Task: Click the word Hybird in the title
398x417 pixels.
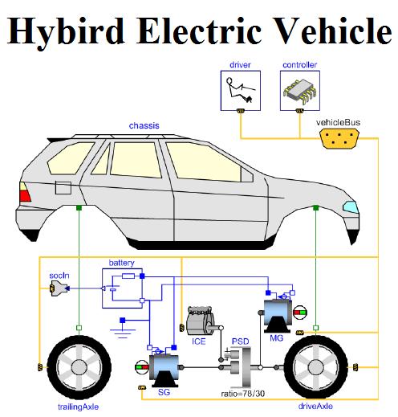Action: [66, 31]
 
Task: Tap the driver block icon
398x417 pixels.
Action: [240, 91]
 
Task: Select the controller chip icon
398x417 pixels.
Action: [299, 91]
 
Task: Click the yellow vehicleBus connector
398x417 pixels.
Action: [339, 138]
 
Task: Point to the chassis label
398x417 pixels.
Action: [144, 125]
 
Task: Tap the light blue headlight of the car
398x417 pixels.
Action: [351, 206]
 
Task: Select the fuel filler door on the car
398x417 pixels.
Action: [63, 187]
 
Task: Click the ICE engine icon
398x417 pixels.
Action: [202, 321]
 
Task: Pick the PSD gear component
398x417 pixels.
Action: [238, 367]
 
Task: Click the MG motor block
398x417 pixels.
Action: [278, 316]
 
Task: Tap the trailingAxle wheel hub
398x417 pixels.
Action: [79, 367]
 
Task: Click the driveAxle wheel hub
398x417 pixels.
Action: [315, 367]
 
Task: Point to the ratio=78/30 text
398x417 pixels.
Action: [243, 394]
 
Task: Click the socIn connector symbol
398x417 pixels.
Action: [59, 288]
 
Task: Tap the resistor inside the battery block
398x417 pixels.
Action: [128, 276]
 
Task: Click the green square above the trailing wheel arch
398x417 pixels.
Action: [79, 207]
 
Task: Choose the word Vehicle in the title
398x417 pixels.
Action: [332, 30]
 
